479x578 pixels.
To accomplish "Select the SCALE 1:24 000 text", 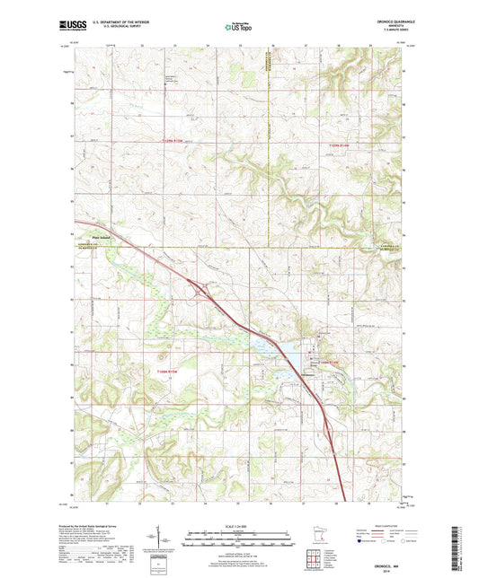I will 239,527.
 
